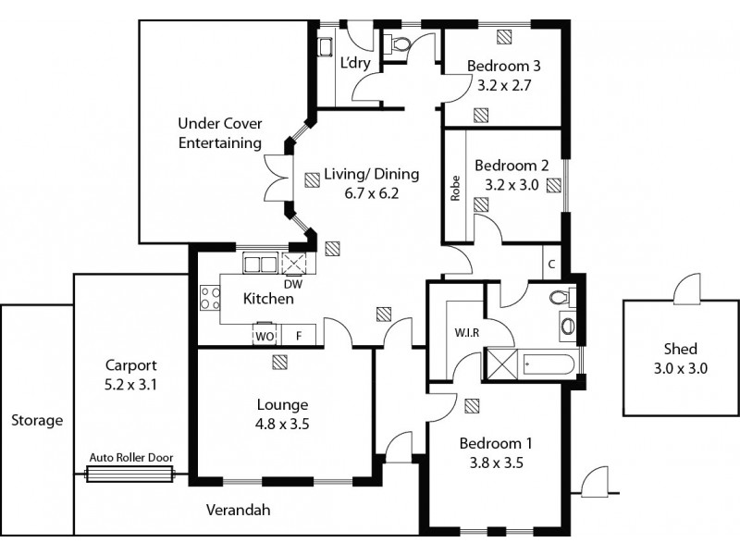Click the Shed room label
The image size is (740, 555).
tap(680, 349)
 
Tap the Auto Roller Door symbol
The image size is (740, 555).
tap(129, 474)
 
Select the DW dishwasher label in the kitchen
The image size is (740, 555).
tap(293, 284)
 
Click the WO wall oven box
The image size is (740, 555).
tap(265, 336)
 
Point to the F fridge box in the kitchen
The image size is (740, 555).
tap(298, 336)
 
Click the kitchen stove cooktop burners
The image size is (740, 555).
tap(210, 298)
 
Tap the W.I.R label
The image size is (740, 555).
tap(465, 332)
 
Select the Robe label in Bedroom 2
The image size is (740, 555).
tap(455, 189)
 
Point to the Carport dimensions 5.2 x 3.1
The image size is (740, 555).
tap(130, 382)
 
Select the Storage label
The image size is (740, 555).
tap(37, 420)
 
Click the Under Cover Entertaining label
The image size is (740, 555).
tap(219, 132)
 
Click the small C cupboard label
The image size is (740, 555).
tap(550, 263)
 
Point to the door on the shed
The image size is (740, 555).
tap(688, 289)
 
